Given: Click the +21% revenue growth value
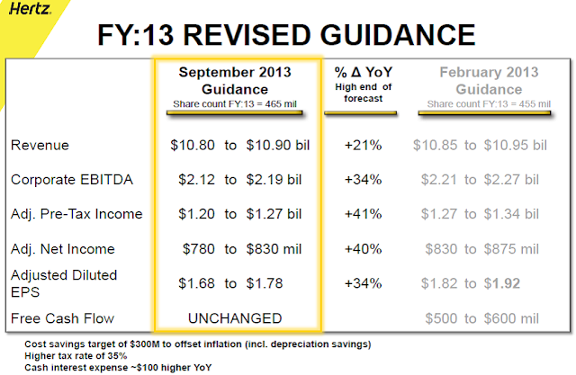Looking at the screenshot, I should pos(364,144).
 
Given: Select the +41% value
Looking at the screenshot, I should pos(364,214).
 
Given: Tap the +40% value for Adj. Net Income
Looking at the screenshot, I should pos(364,248).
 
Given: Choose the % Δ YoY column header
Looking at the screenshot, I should pos(364,72).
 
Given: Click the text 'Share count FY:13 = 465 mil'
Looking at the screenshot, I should pos(237,104).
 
